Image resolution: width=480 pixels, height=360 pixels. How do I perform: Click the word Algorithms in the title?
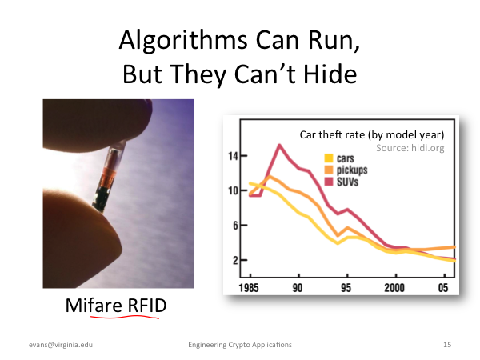click(183, 41)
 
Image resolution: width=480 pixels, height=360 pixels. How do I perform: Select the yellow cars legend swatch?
click(329, 158)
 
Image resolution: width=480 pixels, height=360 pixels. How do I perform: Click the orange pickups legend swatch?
click(329, 170)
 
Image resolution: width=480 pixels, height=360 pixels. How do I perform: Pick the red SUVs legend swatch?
click(329, 182)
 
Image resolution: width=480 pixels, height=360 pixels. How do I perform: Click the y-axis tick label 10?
click(233, 190)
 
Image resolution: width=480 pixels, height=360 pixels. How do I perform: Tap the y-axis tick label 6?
click(235, 226)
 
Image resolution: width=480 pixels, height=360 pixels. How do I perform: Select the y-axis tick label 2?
click(235, 260)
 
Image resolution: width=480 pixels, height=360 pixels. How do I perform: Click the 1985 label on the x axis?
click(249, 288)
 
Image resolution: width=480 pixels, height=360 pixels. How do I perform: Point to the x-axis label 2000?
click(394, 288)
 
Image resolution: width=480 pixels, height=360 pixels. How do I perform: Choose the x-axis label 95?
click(346, 288)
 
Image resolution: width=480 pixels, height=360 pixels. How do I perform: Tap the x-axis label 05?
click(443, 288)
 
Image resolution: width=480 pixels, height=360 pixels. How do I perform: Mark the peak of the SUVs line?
click(279, 146)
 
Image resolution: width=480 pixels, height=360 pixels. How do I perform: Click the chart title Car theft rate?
click(332, 134)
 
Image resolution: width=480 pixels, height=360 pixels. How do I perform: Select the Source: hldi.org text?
click(410, 148)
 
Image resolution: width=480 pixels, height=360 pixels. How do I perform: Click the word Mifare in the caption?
click(94, 306)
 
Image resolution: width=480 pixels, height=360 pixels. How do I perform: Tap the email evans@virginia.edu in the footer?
click(61, 345)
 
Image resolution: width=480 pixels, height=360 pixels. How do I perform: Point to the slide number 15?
click(447, 345)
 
